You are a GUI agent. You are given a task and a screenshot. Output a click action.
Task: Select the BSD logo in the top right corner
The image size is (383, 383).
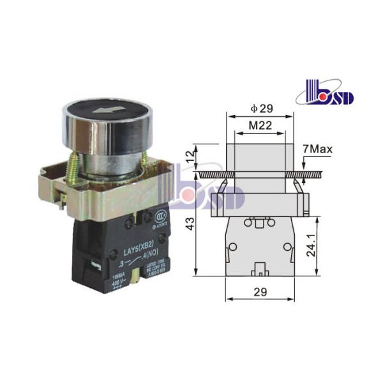(x=329, y=95)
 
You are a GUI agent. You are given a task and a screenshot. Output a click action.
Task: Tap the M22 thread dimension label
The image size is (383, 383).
(x=260, y=125)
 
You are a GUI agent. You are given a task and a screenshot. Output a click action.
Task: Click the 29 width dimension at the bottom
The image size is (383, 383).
(x=260, y=291)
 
